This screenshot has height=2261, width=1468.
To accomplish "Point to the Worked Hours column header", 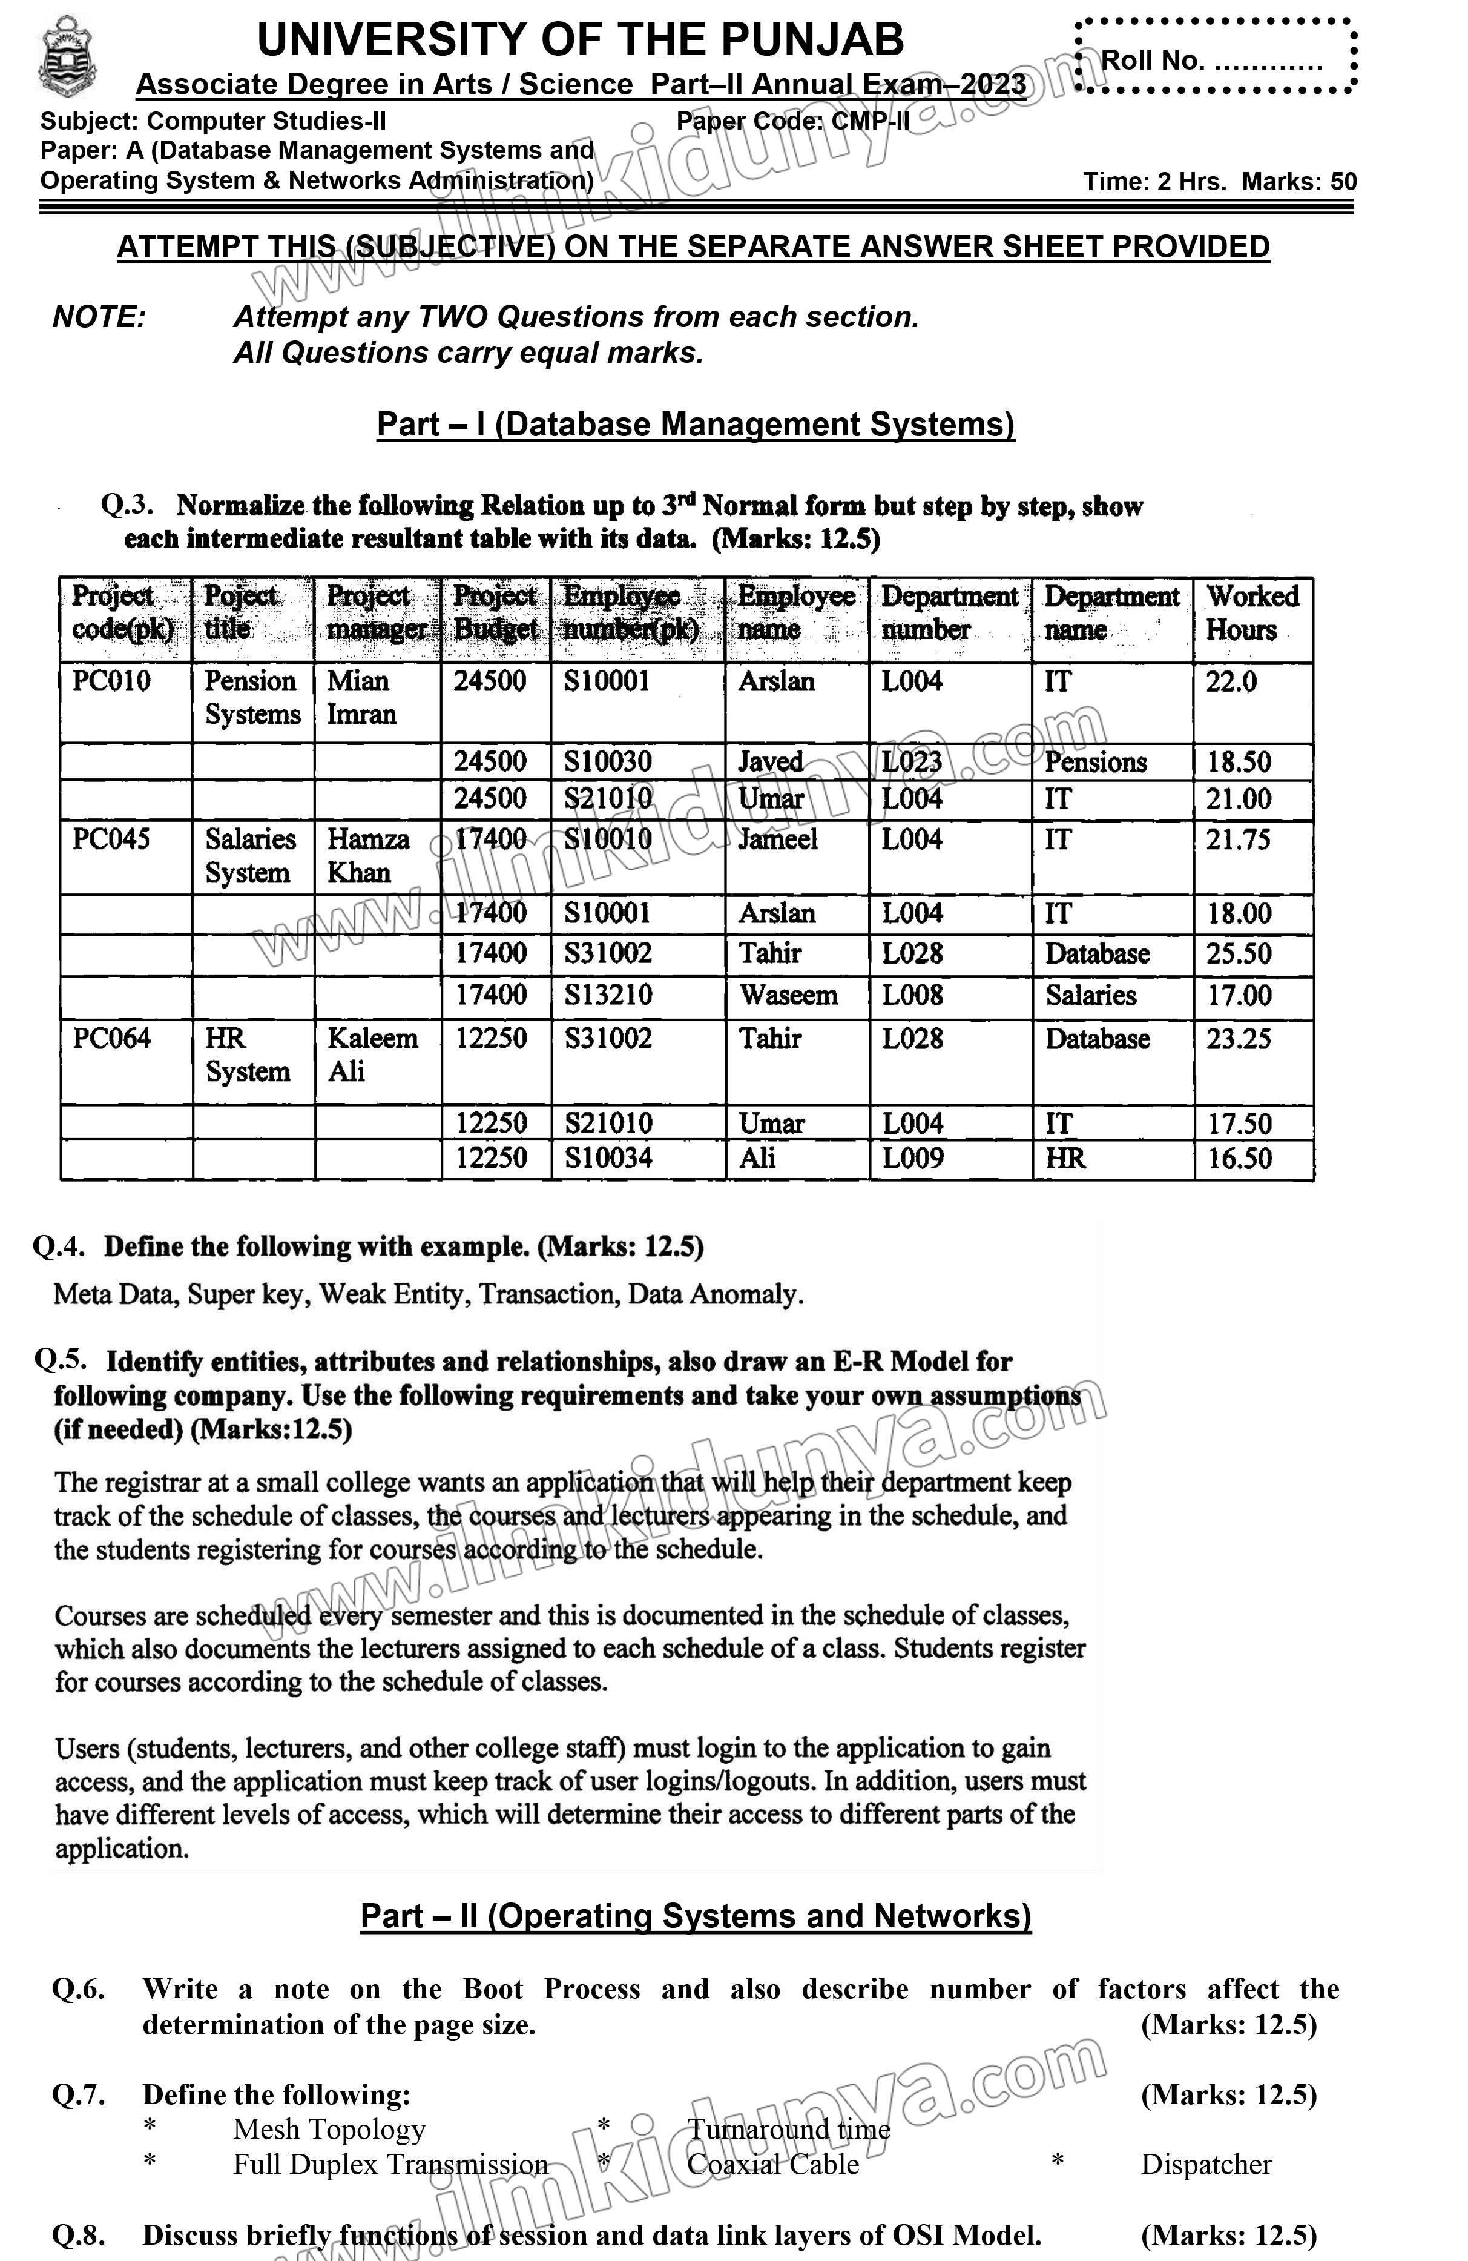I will click(x=1251, y=613).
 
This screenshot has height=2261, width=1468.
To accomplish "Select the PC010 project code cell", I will click(x=111, y=681).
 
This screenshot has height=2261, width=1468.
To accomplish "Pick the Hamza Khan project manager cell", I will click(x=369, y=855).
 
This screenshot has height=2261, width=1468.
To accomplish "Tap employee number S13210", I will click(x=608, y=995).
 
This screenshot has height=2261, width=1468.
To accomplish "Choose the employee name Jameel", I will click(x=778, y=839).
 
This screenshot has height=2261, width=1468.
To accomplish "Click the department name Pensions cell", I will click(x=1096, y=762).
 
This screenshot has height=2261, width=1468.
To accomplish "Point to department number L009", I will click(x=912, y=1158).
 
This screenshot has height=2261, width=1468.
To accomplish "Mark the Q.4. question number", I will click(x=59, y=1246).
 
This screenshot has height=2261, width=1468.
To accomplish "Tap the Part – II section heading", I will click(x=695, y=1915).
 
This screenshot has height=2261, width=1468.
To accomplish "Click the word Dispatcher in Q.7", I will click(x=1206, y=2164).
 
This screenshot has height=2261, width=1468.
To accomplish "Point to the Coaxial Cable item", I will click(x=773, y=2164).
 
